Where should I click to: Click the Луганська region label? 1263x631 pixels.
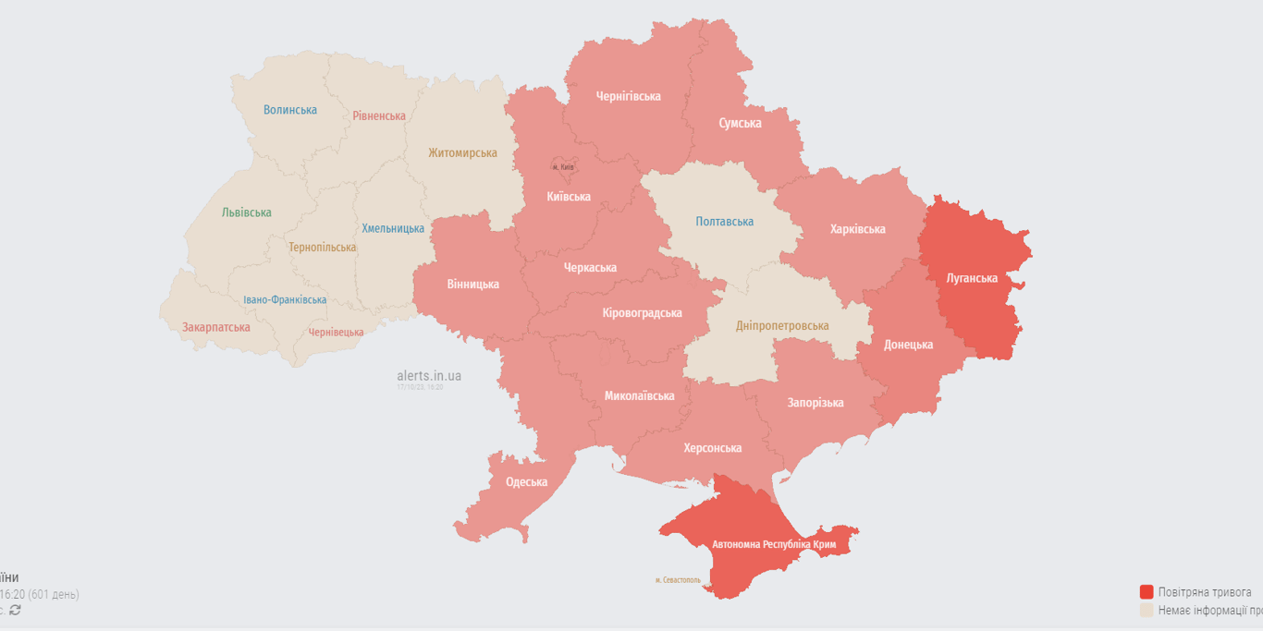[x=972, y=278]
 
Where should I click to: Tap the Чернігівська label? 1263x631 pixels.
[x=628, y=96]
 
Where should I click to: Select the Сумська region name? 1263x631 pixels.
[x=740, y=123]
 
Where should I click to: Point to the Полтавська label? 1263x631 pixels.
[x=724, y=222]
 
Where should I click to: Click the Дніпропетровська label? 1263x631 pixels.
[x=782, y=326]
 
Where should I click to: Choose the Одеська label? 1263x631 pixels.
[x=526, y=482]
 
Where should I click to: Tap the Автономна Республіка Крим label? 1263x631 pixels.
[x=773, y=545]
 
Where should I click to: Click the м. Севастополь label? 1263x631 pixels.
[x=678, y=580]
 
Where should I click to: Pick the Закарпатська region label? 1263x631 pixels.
[x=215, y=327]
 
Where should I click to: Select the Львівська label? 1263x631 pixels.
[x=246, y=212]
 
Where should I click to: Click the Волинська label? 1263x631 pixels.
[x=289, y=110]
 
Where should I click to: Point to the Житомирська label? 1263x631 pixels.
[x=462, y=153]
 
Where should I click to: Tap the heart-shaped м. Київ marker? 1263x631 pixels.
[x=563, y=165]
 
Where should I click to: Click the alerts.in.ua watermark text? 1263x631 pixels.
[x=429, y=376]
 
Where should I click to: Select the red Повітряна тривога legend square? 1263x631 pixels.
[x=1147, y=592]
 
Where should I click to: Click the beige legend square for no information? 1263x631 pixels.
[x=1147, y=611]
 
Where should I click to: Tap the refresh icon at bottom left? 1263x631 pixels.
[x=15, y=610]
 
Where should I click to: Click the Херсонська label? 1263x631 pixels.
[x=712, y=448]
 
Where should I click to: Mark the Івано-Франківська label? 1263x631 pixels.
[x=285, y=300]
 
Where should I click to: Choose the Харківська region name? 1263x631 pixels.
[x=857, y=229]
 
